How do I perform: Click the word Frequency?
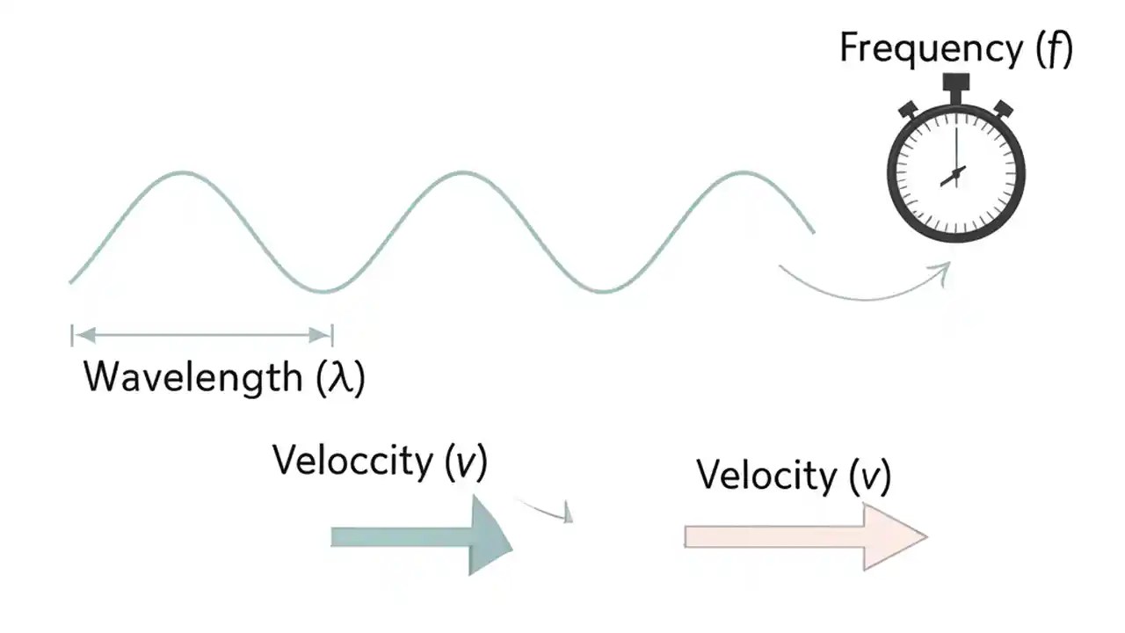932,48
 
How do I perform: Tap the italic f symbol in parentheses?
1055,50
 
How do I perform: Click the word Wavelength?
192,377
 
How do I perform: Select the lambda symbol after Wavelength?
339,378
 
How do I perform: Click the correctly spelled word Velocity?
766,476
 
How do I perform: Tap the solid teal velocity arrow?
421,536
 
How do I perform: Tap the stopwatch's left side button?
908,110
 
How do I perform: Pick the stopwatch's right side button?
1003,109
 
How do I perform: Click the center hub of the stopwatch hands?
956,171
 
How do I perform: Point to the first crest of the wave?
183,172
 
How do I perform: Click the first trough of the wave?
324,291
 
